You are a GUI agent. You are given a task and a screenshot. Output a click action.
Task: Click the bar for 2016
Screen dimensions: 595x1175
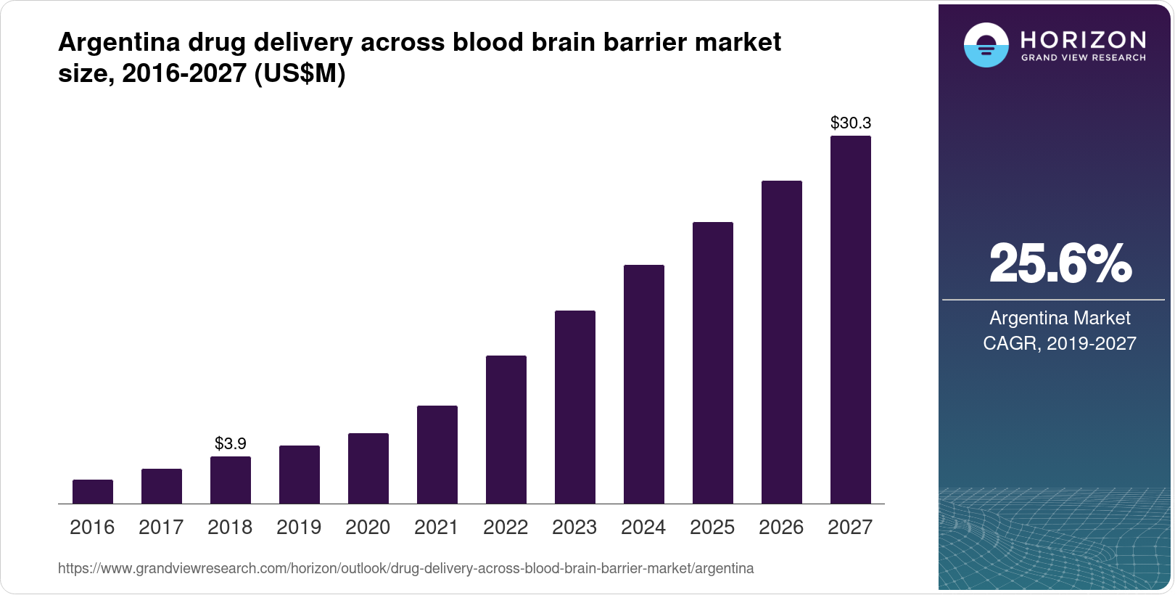[x=93, y=491]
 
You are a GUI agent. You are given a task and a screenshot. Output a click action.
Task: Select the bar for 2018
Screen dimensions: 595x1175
[x=231, y=480]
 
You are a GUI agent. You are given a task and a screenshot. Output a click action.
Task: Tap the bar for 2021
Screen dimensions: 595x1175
[x=437, y=454]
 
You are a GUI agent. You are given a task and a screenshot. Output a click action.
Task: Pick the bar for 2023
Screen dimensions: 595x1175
[x=575, y=407]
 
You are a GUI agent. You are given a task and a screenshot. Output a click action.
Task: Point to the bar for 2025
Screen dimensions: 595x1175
[x=713, y=363]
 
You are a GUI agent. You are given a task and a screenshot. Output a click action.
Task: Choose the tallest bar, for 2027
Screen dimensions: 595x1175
[x=851, y=319]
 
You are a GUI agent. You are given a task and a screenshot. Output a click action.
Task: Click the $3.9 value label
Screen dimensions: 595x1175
[x=231, y=443]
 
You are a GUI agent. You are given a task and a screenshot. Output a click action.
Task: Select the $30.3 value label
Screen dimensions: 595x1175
[x=851, y=123]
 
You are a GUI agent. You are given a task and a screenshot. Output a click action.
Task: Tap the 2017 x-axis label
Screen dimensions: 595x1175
[x=161, y=527]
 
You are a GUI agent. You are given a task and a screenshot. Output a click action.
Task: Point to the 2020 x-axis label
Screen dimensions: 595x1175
[x=368, y=527]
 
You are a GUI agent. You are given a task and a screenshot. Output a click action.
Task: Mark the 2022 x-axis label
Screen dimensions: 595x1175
[x=506, y=527]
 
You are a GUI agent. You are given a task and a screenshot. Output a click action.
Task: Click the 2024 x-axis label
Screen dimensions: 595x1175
[x=643, y=527]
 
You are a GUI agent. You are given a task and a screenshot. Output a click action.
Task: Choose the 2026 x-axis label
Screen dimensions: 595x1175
[x=781, y=527]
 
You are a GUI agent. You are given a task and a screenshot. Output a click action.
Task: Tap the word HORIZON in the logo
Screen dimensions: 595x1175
[x=1084, y=39]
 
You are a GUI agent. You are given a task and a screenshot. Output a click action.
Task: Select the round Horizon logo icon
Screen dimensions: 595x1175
[x=986, y=45]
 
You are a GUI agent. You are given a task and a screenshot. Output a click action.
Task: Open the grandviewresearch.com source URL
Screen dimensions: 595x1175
[x=405, y=568]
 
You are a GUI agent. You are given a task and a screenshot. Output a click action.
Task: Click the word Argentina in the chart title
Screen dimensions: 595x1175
[x=119, y=42]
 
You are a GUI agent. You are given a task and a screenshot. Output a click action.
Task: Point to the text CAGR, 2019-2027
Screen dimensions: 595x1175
[x=1060, y=343]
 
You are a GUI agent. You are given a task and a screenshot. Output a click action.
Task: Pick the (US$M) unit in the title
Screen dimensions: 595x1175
[x=300, y=73]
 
